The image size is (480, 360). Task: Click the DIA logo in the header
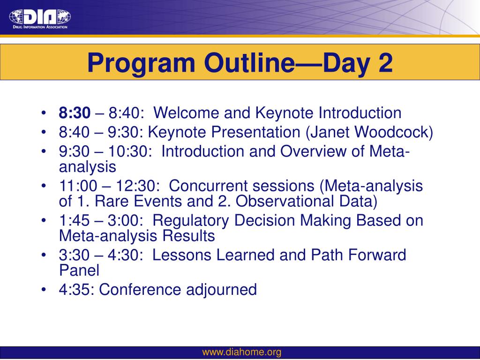[40, 19]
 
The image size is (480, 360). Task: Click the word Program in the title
[141, 63]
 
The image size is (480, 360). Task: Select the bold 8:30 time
[75, 112]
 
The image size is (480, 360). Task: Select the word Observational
[285, 201]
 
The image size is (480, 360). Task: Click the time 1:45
[75, 220]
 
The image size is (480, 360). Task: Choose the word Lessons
[181, 255]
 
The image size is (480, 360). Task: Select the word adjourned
[221, 290]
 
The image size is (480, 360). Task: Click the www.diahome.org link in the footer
[242, 352]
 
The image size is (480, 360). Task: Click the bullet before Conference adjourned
[44, 290]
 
